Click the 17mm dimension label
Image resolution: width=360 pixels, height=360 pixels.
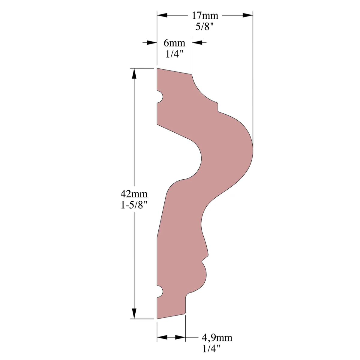(x=205, y=16)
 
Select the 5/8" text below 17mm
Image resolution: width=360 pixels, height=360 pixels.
(x=204, y=27)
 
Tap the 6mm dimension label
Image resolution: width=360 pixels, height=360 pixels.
(x=174, y=43)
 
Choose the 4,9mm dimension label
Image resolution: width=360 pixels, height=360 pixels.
(x=217, y=337)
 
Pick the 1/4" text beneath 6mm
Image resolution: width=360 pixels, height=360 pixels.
(x=174, y=54)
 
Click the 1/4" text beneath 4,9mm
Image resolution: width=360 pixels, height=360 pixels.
(x=211, y=349)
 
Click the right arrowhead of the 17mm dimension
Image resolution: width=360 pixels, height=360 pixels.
(x=248, y=15)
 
